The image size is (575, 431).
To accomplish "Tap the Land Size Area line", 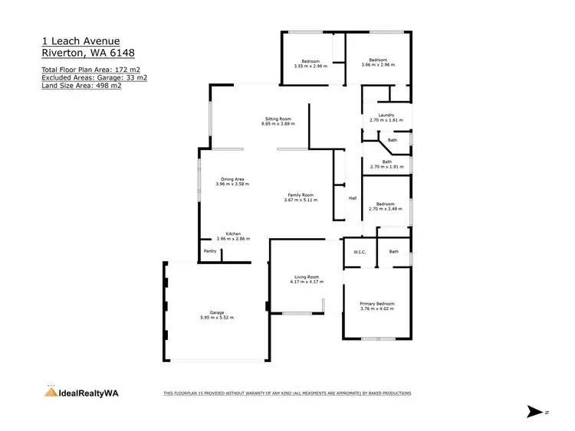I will (x=81, y=85).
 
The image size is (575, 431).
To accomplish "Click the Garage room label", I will (x=217, y=312).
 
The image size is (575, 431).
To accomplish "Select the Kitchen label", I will (x=233, y=233).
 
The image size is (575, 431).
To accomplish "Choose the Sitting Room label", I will (x=278, y=119).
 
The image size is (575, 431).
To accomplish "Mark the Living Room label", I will (x=306, y=276).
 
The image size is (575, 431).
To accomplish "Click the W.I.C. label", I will (x=359, y=252).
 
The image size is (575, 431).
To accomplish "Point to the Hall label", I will (x=353, y=198).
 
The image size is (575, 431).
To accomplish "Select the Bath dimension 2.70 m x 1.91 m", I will (x=386, y=167).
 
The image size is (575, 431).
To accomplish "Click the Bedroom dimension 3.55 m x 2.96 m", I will (x=310, y=66).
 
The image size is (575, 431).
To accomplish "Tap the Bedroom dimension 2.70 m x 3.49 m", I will (x=386, y=208).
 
